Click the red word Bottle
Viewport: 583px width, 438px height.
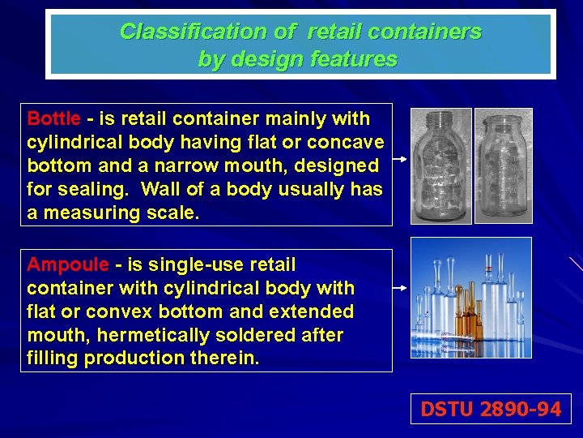coord(53,119)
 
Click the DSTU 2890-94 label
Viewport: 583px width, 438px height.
coord(490,410)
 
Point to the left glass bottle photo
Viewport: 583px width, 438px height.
coord(440,166)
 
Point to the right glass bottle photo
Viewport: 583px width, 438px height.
coord(503,165)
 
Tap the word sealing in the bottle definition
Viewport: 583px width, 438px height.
coord(91,190)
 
